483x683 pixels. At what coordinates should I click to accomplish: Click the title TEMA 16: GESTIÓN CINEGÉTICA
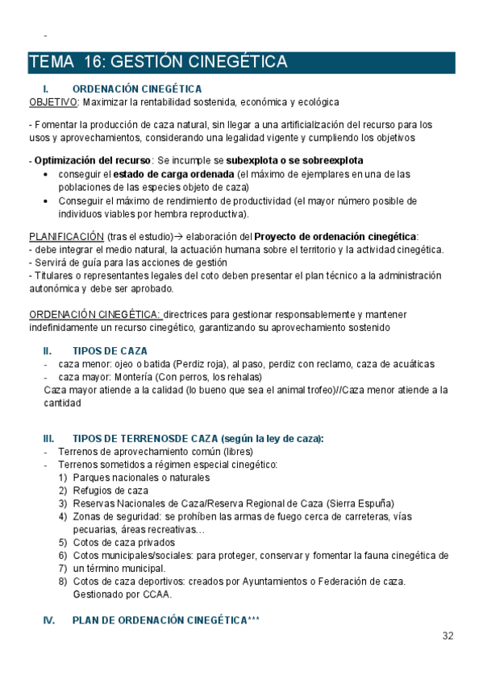pyautogui.click(x=158, y=62)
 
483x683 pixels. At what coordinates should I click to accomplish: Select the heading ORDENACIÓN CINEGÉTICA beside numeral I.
pyautogui.click(x=137, y=89)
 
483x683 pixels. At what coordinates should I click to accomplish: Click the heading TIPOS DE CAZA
pyautogui.click(x=110, y=351)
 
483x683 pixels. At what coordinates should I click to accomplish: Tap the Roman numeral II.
pyautogui.click(x=48, y=351)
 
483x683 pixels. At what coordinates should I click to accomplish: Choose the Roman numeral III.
pyautogui.click(x=48, y=439)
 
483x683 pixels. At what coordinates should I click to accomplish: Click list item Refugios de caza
pyautogui.click(x=110, y=491)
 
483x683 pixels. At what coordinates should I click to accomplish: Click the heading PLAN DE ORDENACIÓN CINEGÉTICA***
pyautogui.click(x=166, y=620)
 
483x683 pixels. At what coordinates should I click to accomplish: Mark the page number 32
pyautogui.click(x=448, y=636)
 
